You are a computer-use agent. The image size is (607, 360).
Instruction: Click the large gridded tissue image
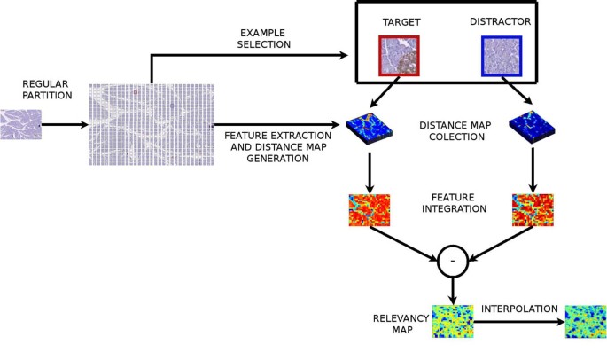[x=152, y=125]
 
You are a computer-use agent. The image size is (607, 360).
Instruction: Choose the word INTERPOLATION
[x=519, y=309]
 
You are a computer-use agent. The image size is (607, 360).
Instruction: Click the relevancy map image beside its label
[x=452, y=321]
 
